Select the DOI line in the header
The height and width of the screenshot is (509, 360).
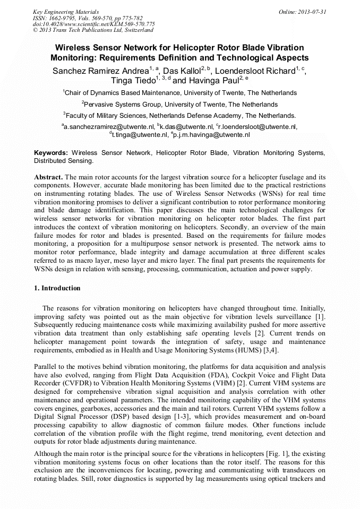pyautogui.click(x=94, y=24)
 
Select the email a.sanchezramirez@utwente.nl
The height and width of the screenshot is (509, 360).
pyautogui.click(x=108, y=127)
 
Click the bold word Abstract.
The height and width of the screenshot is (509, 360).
pyautogui.click(x=49, y=176)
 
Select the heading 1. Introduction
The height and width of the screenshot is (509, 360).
pyautogui.click(x=57, y=288)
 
